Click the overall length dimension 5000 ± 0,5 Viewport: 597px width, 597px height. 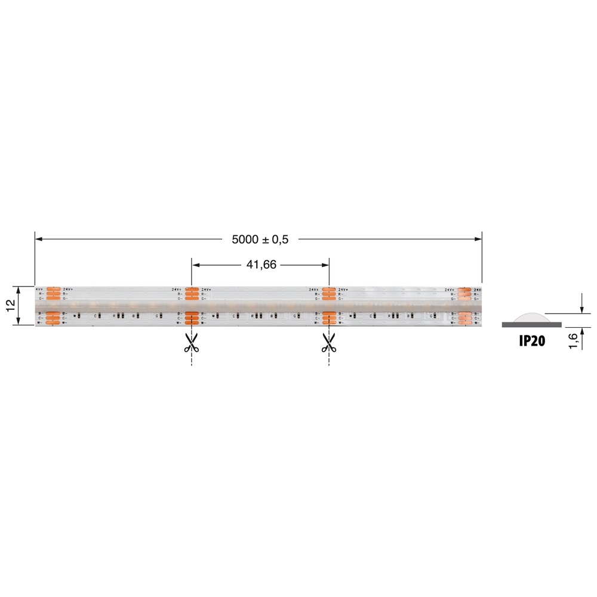pyautogui.click(x=260, y=239)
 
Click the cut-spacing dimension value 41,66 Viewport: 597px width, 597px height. pyautogui.click(x=261, y=264)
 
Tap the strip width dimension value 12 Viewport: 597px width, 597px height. pyautogui.click(x=10, y=305)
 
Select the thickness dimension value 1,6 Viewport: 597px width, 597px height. pyautogui.click(x=573, y=341)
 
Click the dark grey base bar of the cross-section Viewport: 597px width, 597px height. pyautogui.click(x=531, y=324)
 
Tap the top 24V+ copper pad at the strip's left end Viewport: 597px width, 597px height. pyautogui.click(x=53, y=290)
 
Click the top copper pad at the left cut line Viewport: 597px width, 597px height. pyautogui.click(x=192, y=290)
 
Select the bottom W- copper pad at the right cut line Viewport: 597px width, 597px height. pyautogui.click(x=329, y=322)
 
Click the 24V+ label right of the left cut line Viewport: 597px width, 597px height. pyautogui.click(x=207, y=290)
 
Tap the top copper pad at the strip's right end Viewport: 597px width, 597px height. pyautogui.click(x=465, y=290)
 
